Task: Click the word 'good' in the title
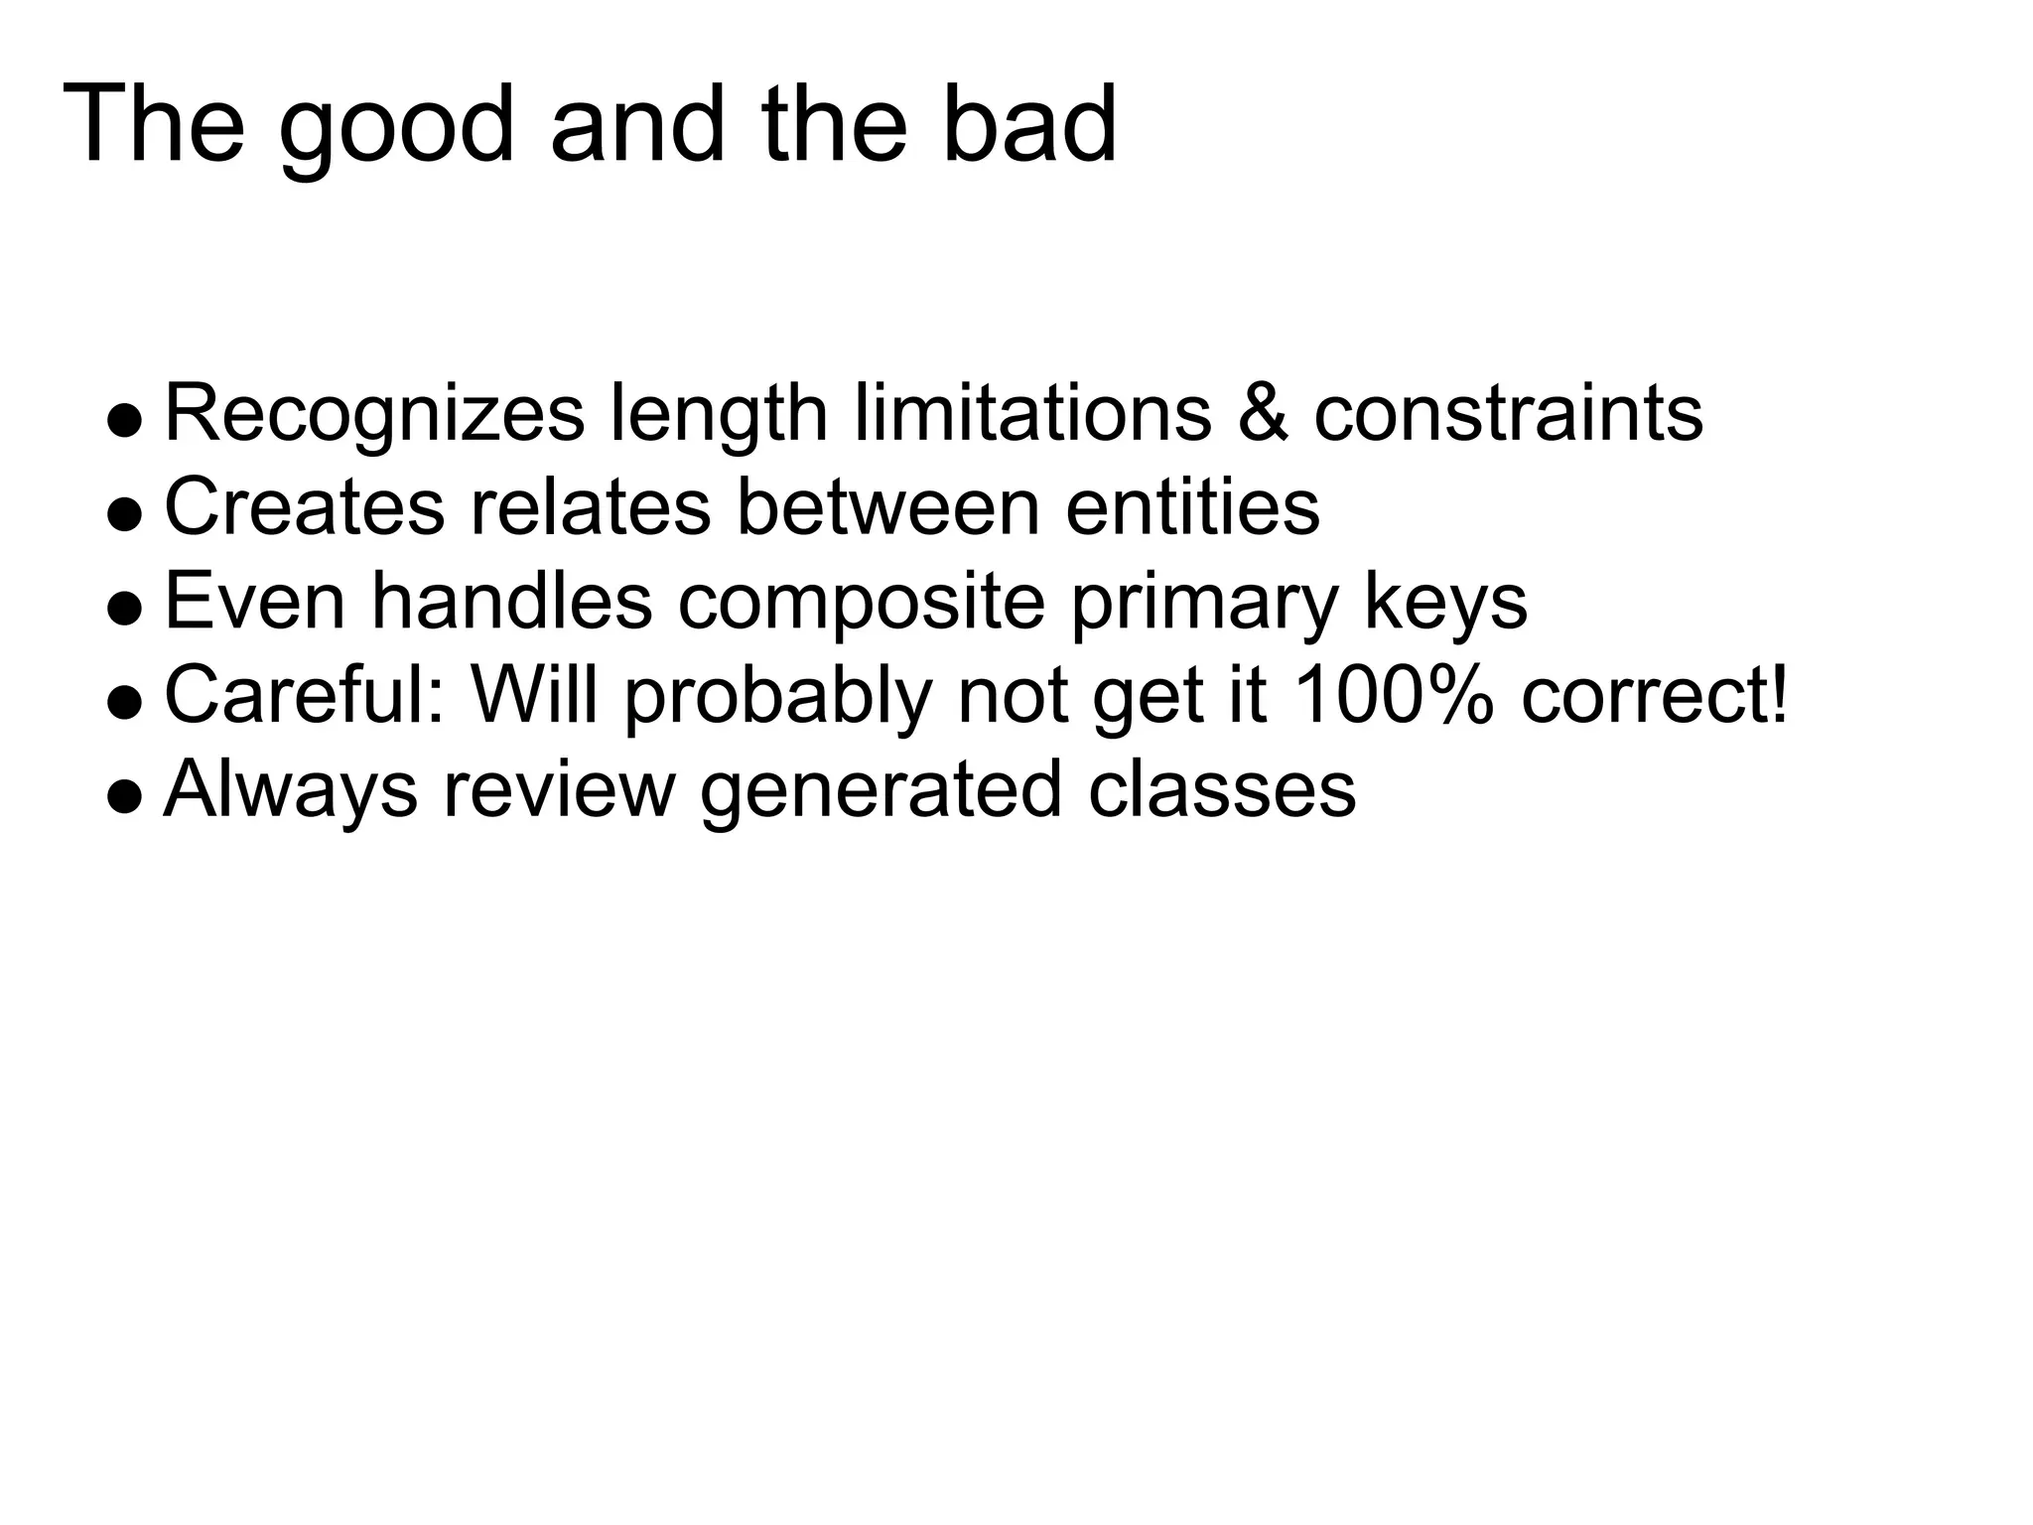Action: point(396,127)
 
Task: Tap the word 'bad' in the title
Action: point(1028,125)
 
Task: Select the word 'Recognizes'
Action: point(374,414)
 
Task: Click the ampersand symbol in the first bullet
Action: point(1263,412)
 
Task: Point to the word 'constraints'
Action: point(1508,412)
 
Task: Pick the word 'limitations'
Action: point(1032,412)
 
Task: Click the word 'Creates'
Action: point(304,506)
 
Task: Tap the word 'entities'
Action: point(1192,506)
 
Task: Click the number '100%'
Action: point(1394,694)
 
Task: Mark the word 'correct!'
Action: point(1654,694)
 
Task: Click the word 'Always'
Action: point(290,790)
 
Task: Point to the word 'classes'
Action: point(1221,789)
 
